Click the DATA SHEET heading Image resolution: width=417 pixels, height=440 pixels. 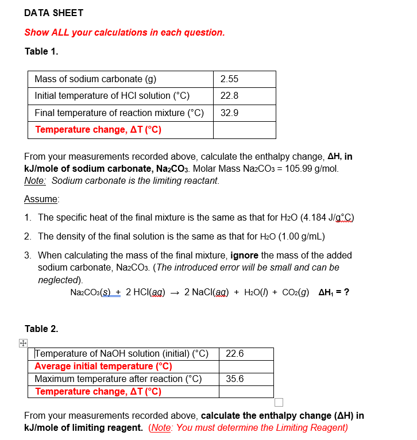(54, 13)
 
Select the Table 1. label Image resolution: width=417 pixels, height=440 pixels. (41, 51)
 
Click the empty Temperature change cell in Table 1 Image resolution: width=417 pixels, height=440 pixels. (244, 130)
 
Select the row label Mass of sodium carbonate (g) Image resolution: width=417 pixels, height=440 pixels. (95, 79)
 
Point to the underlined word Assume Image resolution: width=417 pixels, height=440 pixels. (41, 199)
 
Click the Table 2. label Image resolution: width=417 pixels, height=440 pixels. (41, 329)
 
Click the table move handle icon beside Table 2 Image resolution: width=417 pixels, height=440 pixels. (22, 343)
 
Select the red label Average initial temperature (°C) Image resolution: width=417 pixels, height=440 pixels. (103, 366)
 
